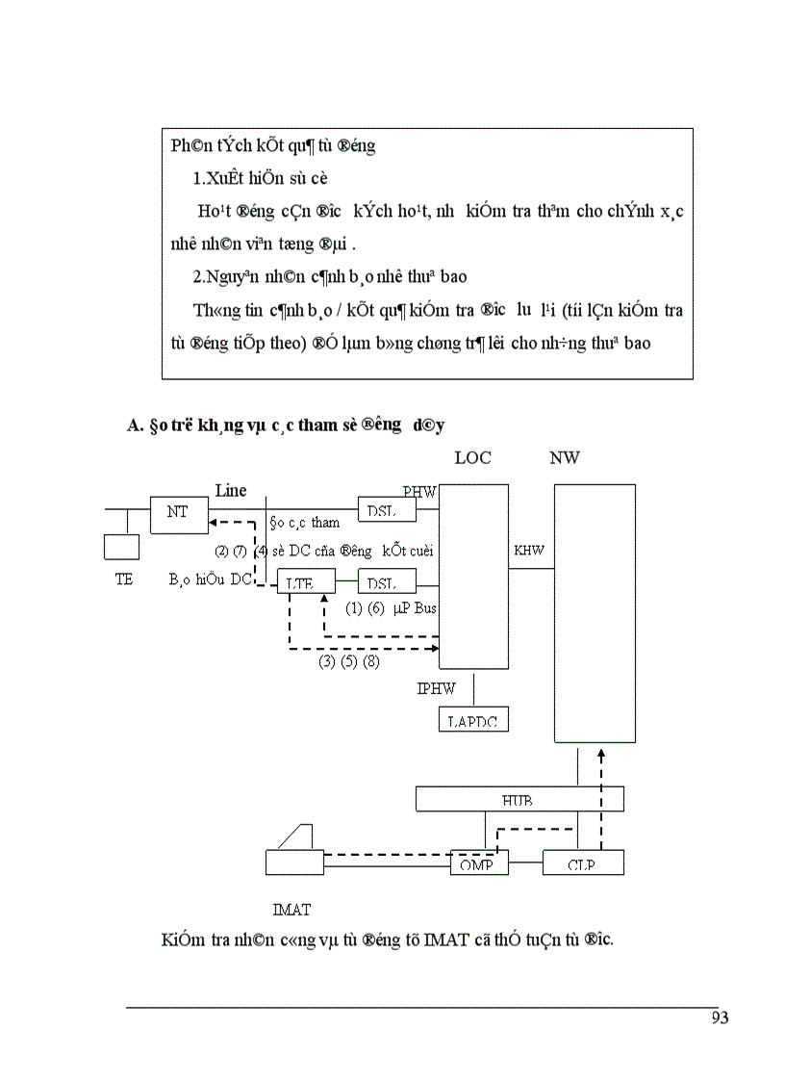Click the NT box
[179, 514]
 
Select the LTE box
[307, 581]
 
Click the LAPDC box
[472, 720]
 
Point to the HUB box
[519, 799]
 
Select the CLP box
[582, 862]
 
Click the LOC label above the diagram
[472, 458]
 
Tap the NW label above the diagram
[565, 458]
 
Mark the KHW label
[529, 551]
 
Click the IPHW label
[436, 689]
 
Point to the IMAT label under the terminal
[291, 908]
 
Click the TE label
[123, 581]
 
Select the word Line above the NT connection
[231, 490]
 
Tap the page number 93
[720, 1018]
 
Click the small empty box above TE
[121, 547]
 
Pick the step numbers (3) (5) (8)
[348, 663]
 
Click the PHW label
[419, 491]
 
